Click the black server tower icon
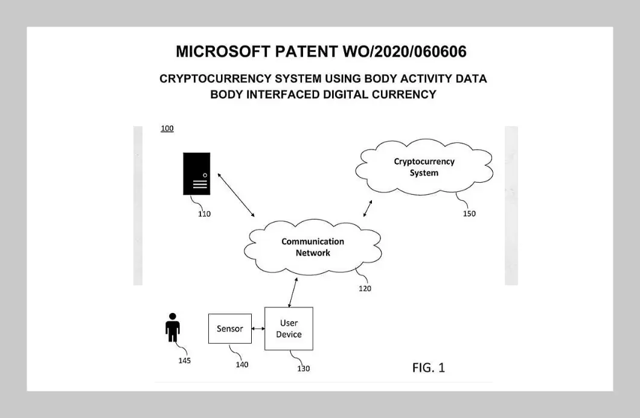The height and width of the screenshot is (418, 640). point(197,174)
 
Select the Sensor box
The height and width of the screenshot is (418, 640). point(229,329)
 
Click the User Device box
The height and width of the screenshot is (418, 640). point(289,329)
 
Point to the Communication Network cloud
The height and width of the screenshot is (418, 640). point(313,247)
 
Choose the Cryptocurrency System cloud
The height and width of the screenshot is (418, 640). point(424,167)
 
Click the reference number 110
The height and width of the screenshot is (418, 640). point(204,214)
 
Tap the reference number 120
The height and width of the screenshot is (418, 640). point(365,289)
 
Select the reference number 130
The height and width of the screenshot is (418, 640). point(303,369)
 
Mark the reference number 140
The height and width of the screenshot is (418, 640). point(242,364)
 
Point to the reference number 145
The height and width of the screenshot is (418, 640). point(184,361)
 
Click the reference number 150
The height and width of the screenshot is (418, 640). point(469,214)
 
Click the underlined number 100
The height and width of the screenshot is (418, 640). point(167,129)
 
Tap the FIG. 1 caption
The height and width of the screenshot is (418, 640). point(428,368)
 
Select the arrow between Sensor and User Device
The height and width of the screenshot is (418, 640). point(258,329)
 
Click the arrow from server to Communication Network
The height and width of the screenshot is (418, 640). point(236,194)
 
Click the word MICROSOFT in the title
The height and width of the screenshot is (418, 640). point(222,52)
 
